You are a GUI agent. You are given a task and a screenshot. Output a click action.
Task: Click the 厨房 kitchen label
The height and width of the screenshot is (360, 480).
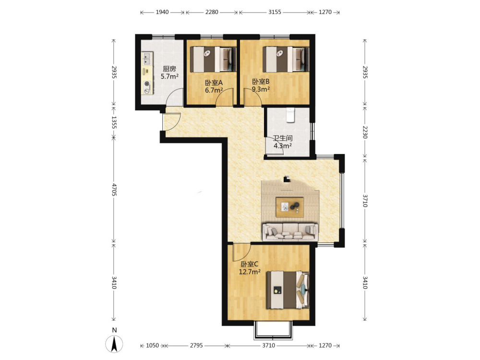click(169, 69)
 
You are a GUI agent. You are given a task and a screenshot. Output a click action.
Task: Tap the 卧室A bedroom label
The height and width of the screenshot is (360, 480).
click(214, 83)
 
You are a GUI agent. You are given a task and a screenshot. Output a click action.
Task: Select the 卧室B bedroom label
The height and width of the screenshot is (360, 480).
click(261, 82)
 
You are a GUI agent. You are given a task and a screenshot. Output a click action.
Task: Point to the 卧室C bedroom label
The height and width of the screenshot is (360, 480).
click(249, 264)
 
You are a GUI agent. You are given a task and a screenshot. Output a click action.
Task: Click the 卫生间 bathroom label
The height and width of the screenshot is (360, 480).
click(283, 138)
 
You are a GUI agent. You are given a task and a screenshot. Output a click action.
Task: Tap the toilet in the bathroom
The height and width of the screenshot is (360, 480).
click(290, 115)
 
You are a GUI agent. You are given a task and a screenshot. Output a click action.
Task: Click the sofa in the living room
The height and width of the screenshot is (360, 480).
click(290, 231)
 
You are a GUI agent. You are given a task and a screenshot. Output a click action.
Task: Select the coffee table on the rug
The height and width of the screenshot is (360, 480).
click(289, 207)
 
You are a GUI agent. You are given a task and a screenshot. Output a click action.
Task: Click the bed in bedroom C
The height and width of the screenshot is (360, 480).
click(288, 290)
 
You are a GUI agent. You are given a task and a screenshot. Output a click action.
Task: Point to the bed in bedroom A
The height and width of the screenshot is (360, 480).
click(213, 59)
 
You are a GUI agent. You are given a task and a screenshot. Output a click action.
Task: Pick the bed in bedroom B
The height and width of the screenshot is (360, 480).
click(286, 59)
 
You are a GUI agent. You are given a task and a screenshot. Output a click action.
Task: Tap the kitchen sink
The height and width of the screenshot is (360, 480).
click(147, 59)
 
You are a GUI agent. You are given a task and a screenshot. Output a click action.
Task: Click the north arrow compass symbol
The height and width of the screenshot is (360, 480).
click(114, 344)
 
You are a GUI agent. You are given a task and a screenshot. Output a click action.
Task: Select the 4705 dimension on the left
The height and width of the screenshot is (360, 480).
click(114, 190)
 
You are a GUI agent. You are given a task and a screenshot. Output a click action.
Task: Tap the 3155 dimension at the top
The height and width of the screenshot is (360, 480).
click(275, 12)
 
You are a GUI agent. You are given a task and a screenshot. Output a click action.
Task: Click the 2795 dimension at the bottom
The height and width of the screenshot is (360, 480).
click(196, 345)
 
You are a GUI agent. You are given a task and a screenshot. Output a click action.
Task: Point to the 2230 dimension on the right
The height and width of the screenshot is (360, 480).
click(365, 132)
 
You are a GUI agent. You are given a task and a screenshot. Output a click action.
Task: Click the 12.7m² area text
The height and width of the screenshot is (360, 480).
click(250, 272)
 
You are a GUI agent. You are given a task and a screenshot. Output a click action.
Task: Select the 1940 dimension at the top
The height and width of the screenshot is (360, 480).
click(162, 12)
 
